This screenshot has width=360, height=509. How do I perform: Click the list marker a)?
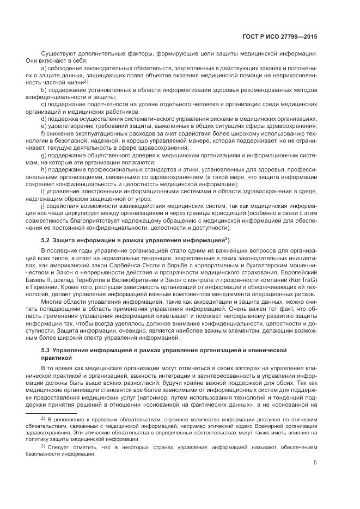(x=44, y=68)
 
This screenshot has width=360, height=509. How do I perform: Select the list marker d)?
(x=44, y=118)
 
